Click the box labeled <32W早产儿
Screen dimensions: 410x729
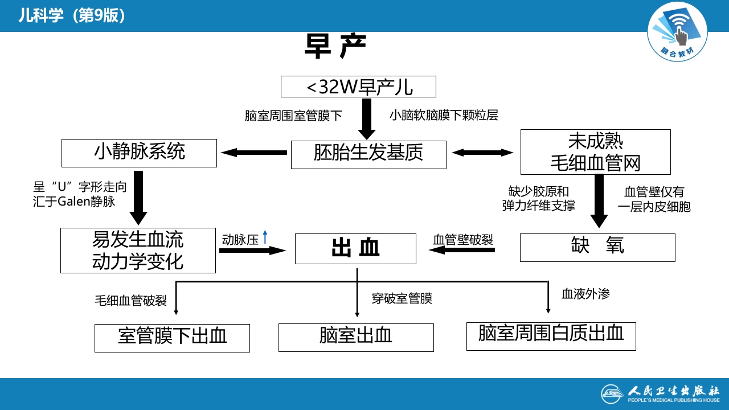pos(358,87)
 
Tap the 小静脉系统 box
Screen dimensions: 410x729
pos(140,153)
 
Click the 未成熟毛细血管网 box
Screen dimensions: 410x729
pos(595,152)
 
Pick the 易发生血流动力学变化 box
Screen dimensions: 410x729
pos(138,251)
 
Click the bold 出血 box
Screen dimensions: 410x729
pos(355,248)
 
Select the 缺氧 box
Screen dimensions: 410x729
pos(597,247)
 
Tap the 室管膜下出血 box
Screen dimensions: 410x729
pos(172,338)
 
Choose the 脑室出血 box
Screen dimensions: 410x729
pos(356,337)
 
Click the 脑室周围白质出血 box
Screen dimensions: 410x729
pos(551,335)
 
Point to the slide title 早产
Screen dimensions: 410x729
pos(334,47)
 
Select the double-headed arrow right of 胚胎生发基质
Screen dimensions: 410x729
pos(483,152)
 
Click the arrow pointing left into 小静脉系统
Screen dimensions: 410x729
pos(254,152)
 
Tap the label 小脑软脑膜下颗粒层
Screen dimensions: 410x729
pos(444,116)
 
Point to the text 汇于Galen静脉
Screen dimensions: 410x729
pos(74,202)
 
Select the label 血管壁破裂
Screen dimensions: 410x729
pos(463,240)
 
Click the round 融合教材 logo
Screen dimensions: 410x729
pos(677,33)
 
